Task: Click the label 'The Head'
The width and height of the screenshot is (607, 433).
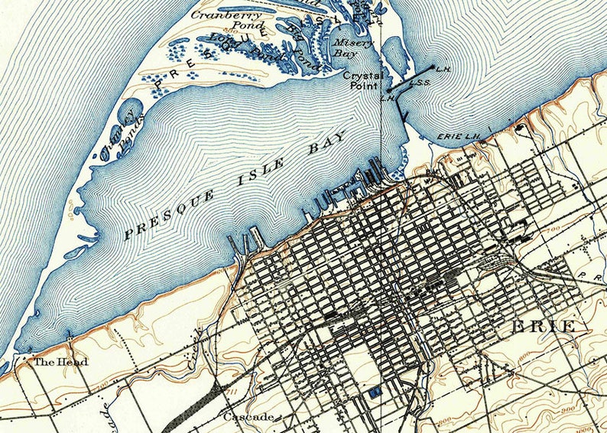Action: [60, 361]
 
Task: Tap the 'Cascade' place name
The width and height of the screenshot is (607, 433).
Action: [247, 417]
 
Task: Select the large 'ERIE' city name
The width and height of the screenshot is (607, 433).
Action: [544, 327]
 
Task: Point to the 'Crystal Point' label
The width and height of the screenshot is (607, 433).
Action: [362, 81]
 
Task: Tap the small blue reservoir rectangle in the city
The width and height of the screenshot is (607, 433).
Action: [374, 392]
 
